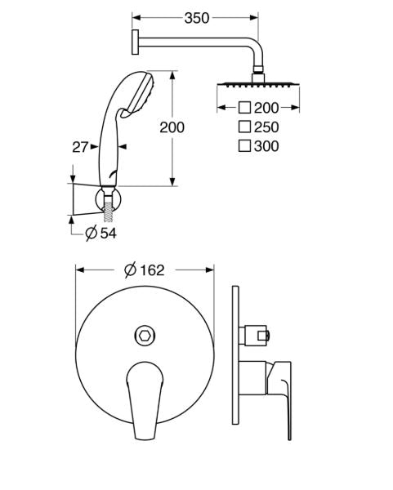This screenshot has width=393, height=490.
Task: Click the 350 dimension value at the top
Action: (197, 18)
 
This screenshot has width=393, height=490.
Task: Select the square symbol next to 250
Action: (244, 127)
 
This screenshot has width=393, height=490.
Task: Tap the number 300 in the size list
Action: (266, 146)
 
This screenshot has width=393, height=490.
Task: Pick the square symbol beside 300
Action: (244, 145)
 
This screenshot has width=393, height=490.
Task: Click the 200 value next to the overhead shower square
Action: (266, 108)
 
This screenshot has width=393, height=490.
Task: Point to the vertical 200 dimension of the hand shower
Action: (172, 127)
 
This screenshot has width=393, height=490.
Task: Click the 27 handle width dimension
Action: (80, 147)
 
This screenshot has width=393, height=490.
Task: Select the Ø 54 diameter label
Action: (101, 233)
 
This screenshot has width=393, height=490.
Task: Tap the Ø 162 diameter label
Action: (144, 270)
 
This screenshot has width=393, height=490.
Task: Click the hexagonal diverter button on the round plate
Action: (145, 336)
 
